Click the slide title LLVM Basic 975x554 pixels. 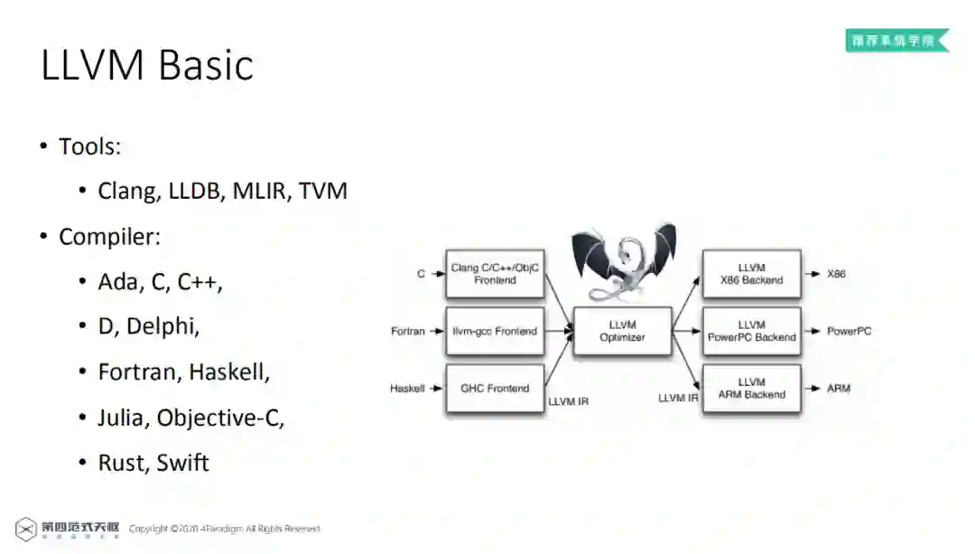coord(147,66)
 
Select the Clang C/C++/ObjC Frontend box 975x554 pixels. coord(495,274)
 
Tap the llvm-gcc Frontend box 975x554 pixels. coord(495,331)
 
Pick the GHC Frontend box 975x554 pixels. coord(495,389)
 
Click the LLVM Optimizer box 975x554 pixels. coord(622,331)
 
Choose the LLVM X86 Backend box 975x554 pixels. coord(751,274)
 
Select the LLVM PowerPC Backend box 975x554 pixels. coord(751,331)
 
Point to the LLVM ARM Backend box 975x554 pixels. coord(751,389)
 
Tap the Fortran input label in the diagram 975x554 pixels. coord(407,332)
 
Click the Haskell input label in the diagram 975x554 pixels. coord(407,389)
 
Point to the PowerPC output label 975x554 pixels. coord(849,332)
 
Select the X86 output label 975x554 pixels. coord(836,274)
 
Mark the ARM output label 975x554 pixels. coord(838,389)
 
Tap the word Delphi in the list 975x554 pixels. coord(162,326)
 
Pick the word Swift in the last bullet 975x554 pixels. coord(182,463)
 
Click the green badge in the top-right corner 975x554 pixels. coord(896,41)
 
